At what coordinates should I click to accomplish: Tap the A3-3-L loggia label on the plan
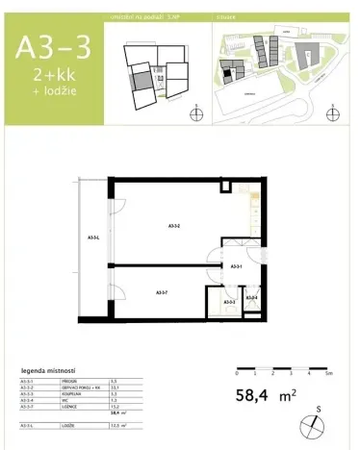point(93,237)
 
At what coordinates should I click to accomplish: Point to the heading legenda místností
point(48,370)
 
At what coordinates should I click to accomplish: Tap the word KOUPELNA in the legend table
point(72,394)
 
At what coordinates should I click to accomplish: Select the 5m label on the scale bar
point(326,371)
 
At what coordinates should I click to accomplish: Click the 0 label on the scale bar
point(237,371)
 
